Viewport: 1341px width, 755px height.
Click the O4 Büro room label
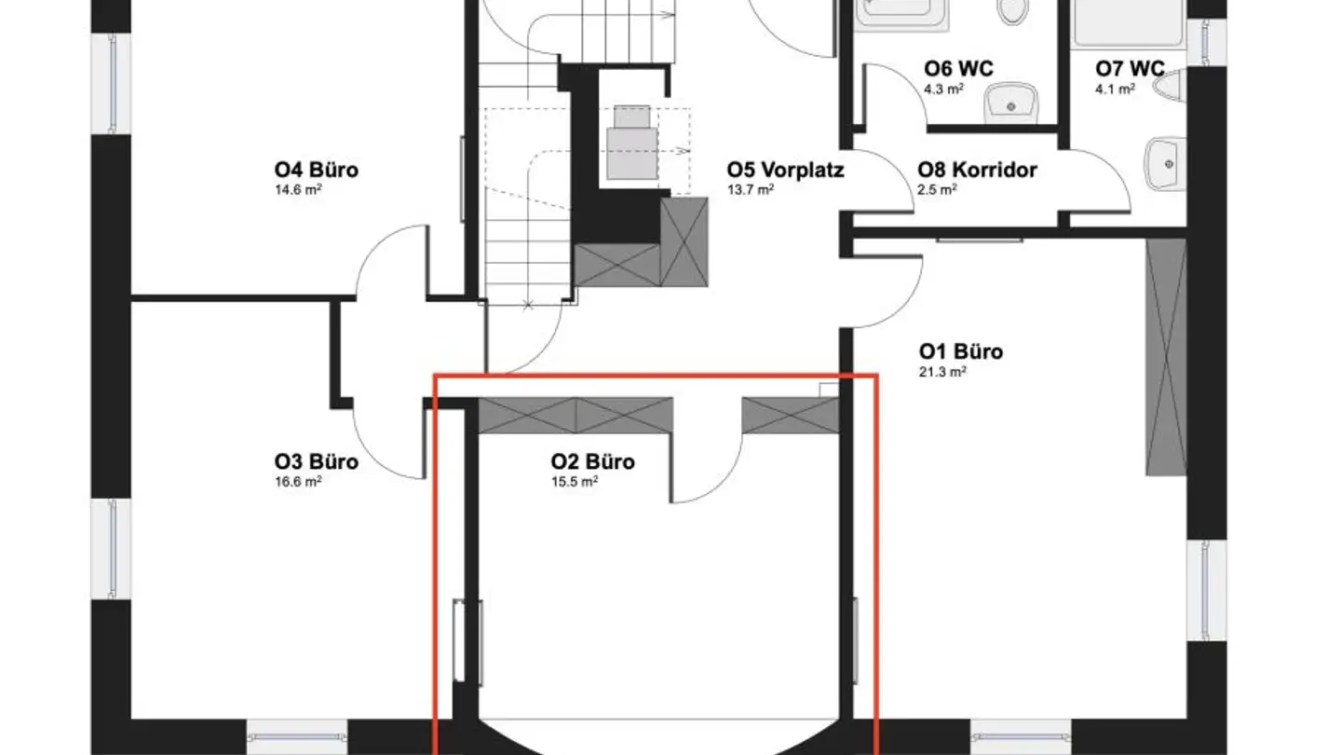(x=316, y=171)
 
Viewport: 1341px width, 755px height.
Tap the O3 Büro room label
(x=316, y=461)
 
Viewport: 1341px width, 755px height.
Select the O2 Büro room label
(x=592, y=461)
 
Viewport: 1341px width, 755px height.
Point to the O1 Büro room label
(x=960, y=351)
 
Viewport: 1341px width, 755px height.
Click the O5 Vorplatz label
(x=785, y=171)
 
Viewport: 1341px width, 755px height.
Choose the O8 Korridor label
(x=977, y=171)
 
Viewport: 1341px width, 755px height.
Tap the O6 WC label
(x=958, y=69)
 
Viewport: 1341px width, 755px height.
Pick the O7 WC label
(x=1130, y=69)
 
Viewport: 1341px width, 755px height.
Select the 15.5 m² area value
(x=574, y=481)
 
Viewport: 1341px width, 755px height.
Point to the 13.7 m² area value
(x=751, y=190)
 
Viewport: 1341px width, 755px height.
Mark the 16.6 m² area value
(x=298, y=481)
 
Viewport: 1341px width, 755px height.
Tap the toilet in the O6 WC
(x=1011, y=11)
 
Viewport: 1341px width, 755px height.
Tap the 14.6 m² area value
(x=298, y=190)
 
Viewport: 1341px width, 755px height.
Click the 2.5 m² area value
(x=936, y=190)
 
